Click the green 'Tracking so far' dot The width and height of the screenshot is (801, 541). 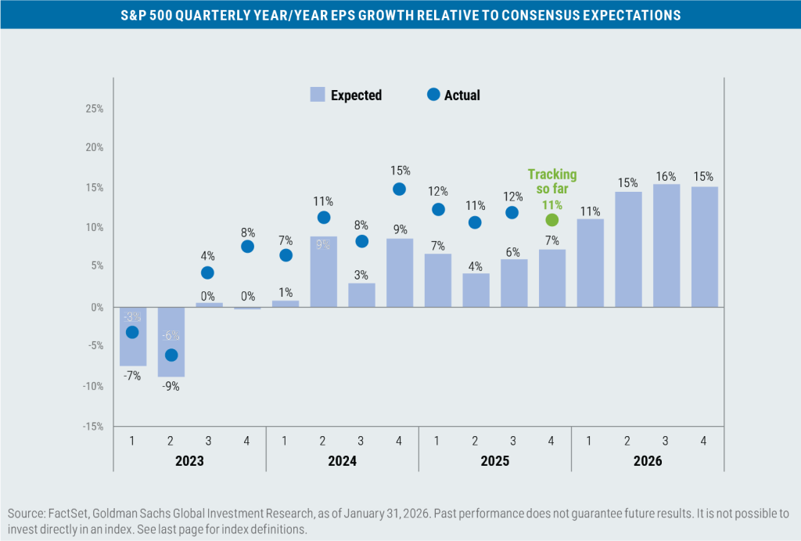coord(551,220)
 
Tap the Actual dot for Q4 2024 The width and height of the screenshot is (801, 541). coord(399,189)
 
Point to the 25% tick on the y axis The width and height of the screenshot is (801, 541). coord(94,108)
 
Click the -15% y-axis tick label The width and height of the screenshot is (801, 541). coord(92,426)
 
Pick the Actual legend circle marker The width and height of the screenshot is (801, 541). coord(433,96)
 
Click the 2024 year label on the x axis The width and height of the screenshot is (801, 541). coord(342,461)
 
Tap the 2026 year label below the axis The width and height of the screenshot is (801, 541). coord(647,461)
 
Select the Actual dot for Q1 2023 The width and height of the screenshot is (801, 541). coord(132,332)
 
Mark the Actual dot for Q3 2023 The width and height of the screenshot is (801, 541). coord(208,272)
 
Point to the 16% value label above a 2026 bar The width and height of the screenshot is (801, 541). coord(666,176)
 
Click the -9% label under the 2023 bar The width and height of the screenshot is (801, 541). coord(171,386)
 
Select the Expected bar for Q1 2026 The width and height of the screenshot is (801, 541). coord(590,263)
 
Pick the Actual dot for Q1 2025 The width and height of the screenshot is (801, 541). coord(438,209)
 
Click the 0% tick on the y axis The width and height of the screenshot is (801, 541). coord(97,307)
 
